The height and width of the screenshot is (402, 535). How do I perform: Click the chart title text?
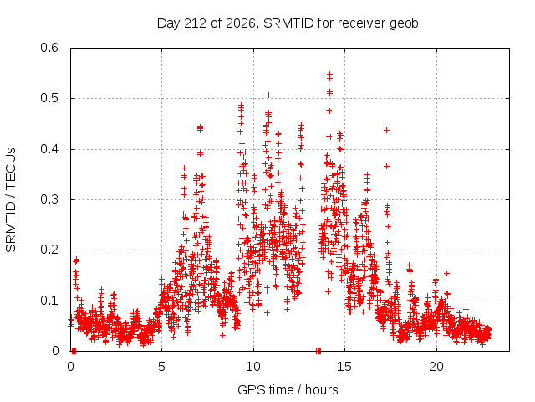[x=288, y=23]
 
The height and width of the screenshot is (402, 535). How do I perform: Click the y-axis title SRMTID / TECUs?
[x=11, y=200]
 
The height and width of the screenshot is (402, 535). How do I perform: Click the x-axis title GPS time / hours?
[x=288, y=389]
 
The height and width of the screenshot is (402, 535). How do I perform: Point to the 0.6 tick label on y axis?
[x=49, y=48]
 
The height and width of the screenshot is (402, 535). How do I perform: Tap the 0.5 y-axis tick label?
[x=49, y=98]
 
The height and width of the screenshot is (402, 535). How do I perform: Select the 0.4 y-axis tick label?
[x=49, y=149]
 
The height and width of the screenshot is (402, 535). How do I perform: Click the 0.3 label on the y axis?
[x=49, y=199]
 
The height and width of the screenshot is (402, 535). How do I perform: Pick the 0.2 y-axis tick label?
[x=49, y=250]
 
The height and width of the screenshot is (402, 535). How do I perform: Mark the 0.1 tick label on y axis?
[x=49, y=301]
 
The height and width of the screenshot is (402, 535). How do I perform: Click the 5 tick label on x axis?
[x=161, y=367]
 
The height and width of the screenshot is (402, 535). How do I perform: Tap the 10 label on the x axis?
[x=253, y=367]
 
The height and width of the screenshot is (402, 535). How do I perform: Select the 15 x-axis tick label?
[x=344, y=367]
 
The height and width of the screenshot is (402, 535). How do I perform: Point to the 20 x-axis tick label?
[x=436, y=367]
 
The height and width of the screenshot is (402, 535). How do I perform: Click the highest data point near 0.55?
[x=329, y=74]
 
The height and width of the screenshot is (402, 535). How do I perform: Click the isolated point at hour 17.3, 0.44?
[x=386, y=131]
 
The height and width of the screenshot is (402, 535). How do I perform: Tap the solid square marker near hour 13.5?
[x=318, y=351]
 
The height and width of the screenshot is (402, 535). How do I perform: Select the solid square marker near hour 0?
[x=74, y=351]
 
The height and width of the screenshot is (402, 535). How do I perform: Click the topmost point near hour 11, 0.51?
[x=269, y=95]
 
